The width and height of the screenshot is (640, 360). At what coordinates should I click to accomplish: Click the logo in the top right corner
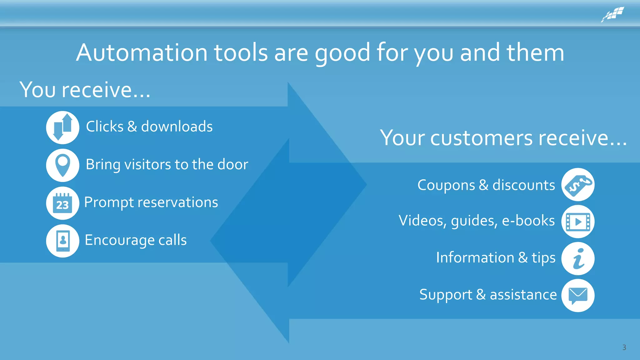click(613, 14)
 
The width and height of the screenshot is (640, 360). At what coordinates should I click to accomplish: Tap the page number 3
click(624, 347)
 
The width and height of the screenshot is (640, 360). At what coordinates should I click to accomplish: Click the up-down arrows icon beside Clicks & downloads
click(62, 127)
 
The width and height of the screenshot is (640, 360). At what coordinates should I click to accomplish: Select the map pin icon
click(62, 165)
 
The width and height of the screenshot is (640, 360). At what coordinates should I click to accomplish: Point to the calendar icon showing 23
click(62, 203)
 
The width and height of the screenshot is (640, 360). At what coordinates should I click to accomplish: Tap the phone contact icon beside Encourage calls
click(62, 241)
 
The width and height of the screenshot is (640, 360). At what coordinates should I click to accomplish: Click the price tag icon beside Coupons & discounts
click(578, 184)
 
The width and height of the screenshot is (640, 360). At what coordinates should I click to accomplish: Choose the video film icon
click(578, 222)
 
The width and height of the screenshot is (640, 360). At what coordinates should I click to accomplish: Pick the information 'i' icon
click(578, 258)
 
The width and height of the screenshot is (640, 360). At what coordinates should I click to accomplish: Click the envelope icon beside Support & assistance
click(578, 295)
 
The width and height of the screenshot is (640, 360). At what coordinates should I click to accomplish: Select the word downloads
click(177, 127)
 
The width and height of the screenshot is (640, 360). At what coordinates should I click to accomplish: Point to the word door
click(233, 164)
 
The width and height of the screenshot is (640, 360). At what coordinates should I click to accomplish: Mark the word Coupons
click(446, 185)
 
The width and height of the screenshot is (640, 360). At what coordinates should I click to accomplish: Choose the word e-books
click(528, 221)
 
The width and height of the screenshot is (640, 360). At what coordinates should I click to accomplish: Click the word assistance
click(523, 295)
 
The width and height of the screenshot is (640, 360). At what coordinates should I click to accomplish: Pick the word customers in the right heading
click(481, 138)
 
